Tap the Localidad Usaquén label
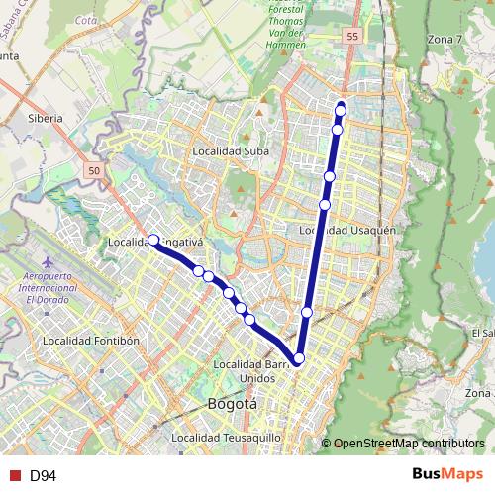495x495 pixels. click(x=347, y=230)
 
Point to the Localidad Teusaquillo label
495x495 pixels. click(x=227, y=437)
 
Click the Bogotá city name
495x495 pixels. click(x=233, y=404)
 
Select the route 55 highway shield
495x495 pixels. click(x=352, y=37)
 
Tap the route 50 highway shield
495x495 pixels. click(x=94, y=171)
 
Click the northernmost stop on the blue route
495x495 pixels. click(x=342, y=107)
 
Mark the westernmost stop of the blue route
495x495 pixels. click(x=153, y=240)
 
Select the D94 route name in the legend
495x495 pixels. click(x=42, y=476)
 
